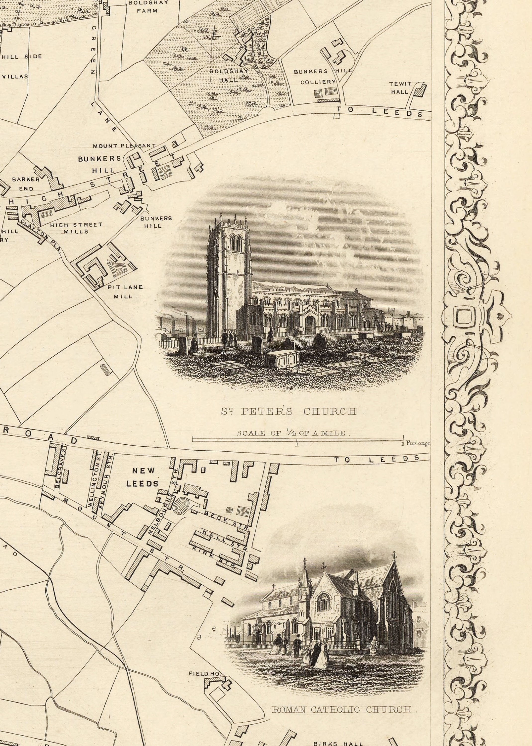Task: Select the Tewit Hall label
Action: coord(400,88)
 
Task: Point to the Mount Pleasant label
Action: coord(124,146)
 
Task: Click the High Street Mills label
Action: coord(76,228)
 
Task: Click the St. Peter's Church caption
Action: coord(292,412)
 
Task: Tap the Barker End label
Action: coord(26,184)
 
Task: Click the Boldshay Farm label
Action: coord(147,6)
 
